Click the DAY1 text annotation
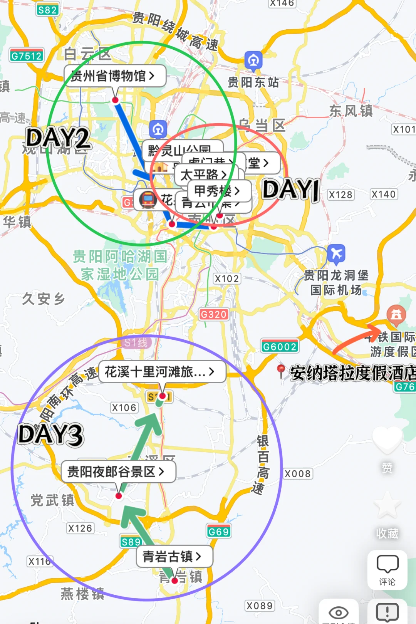pyautogui.click(x=291, y=190)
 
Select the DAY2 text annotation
pyautogui.click(x=58, y=138)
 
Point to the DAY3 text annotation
pyautogui.click(x=50, y=434)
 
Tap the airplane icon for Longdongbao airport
pyautogui.click(x=336, y=253)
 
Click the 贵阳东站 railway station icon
pyautogui.click(x=253, y=60)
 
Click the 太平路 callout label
pyautogui.click(x=204, y=174)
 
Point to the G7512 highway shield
pyautogui.click(x=27, y=56)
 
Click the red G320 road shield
pyautogui.click(x=214, y=314)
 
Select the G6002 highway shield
pyautogui.click(x=280, y=347)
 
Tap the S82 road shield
pyautogui.click(x=47, y=10)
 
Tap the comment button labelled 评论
pyautogui.click(x=387, y=569)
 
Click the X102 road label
pyautogui.click(x=226, y=278)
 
